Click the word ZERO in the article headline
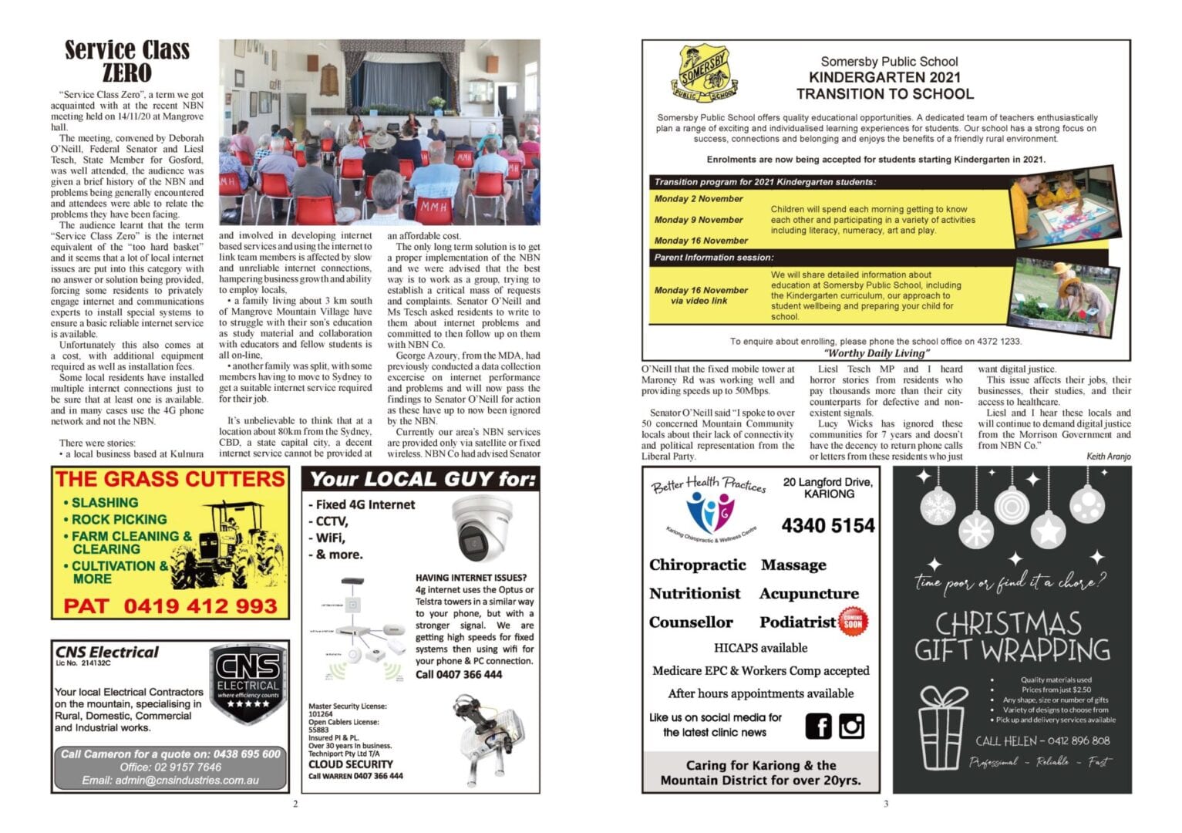tap(127, 73)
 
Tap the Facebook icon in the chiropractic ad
tap(819, 726)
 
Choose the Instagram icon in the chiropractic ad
tap(852, 726)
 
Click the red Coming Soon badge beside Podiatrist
tap(853, 621)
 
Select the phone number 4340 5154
tap(828, 526)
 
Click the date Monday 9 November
tap(699, 220)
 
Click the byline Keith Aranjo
tap(1108, 457)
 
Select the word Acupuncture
tap(809, 594)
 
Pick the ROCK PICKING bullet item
tap(119, 519)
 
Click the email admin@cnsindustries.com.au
tap(170, 781)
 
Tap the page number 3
tap(886, 804)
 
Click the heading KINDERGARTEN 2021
tap(884, 77)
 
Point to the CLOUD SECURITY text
tap(351, 764)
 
